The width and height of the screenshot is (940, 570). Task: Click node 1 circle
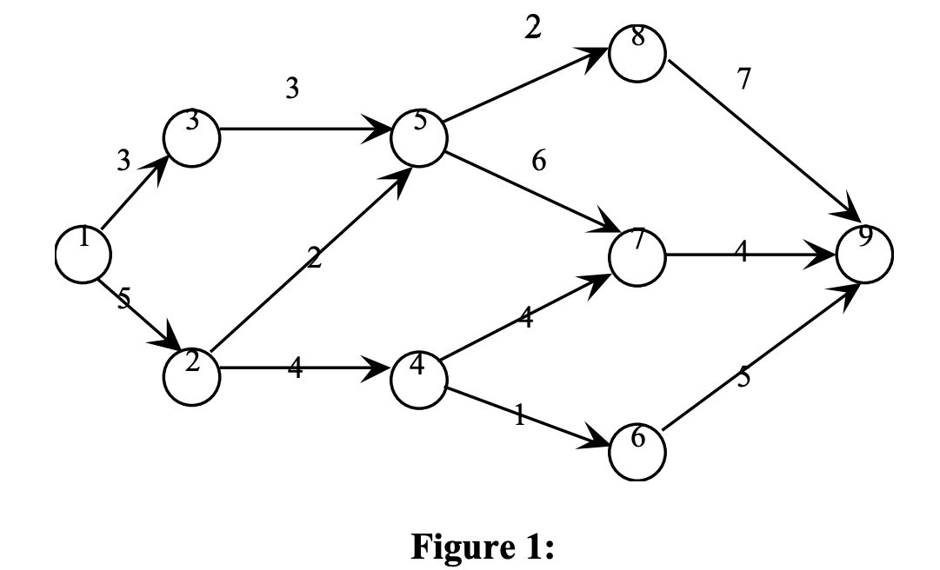point(83,254)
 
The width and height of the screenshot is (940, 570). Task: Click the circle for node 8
point(637,54)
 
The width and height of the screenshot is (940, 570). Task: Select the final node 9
point(863,255)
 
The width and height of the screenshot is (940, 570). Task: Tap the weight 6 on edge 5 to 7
point(538,162)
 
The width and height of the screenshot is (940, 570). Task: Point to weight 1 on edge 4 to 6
point(519,415)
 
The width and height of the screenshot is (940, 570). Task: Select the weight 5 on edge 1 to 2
point(124,299)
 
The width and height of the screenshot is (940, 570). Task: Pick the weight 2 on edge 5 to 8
point(532,28)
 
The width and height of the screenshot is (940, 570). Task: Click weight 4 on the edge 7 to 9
point(740,253)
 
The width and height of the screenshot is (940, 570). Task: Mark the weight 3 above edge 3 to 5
point(292,88)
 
